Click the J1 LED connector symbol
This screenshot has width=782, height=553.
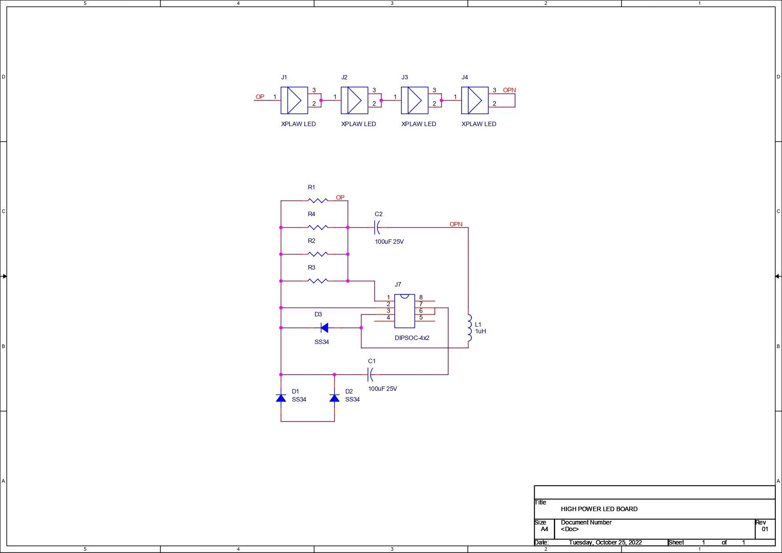pyautogui.click(x=294, y=100)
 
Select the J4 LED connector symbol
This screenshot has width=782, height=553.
pyautogui.click(x=475, y=100)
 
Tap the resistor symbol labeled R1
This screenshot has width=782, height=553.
pyautogui.click(x=317, y=201)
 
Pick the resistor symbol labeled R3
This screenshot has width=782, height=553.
pyautogui.click(x=317, y=281)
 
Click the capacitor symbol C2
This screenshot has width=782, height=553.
pyautogui.click(x=377, y=227)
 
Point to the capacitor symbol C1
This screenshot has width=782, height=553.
pyautogui.click(x=370, y=374)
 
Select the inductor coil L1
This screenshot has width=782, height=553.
pyautogui.click(x=469, y=328)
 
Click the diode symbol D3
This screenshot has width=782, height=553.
pyautogui.click(x=324, y=328)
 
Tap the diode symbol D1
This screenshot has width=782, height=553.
pyautogui.click(x=281, y=397)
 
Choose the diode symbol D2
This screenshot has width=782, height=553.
pyautogui.click(x=334, y=397)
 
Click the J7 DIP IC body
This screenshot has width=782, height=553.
pyautogui.click(x=404, y=311)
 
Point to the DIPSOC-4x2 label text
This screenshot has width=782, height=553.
pyautogui.click(x=412, y=338)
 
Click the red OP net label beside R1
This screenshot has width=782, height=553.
pyautogui.click(x=340, y=197)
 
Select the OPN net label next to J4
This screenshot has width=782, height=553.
pyautogui.click(x=509, y=90)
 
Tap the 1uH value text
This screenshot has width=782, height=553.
pyautogui.click(x=480, y=331)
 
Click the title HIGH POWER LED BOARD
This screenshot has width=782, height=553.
pyautogui.click(x=599, y=509)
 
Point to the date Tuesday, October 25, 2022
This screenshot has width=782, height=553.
pyautogui.click(x=605, y=542)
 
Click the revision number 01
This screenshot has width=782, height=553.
pyautogui.click(x=765, y=529)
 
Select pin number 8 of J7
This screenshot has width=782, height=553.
pyautogui.click(x=421, y=297)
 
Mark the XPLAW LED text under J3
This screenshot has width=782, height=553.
pyautogui.click(x=418, y=124)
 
